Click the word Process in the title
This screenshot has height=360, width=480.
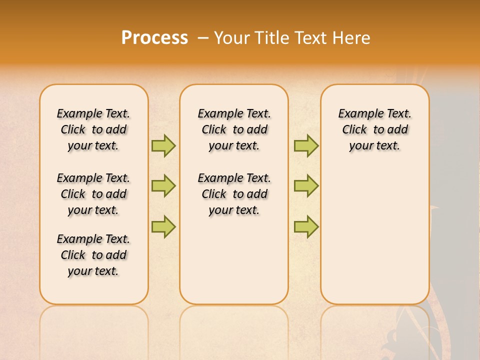154,37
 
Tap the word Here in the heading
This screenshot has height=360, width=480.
350,38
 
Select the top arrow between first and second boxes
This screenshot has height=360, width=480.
163,145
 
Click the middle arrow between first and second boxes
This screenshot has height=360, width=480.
163,186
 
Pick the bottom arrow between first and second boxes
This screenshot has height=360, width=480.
163,227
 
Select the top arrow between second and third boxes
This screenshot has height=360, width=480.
306,145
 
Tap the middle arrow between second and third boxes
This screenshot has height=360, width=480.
306,186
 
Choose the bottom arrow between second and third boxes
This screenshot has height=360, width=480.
306,227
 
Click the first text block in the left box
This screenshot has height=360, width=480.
93,129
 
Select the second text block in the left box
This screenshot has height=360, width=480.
93,194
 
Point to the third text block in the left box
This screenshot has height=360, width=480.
93,255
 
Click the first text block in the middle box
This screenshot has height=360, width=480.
234,129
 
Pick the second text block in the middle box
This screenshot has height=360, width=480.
234,194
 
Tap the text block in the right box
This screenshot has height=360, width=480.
375,129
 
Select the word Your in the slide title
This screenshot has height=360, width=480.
232,38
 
